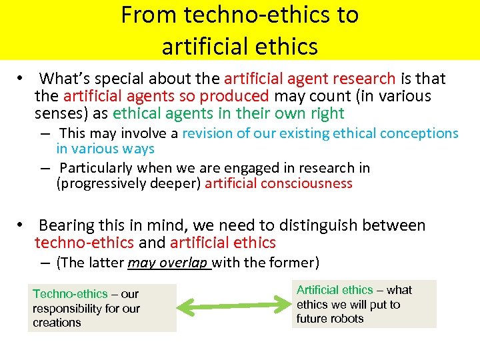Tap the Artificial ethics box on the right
click(364, 304)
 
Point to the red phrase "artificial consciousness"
click(278, 183)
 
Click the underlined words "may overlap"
click(169, 263)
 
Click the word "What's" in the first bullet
click(65, 79)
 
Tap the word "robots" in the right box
click(347, 319)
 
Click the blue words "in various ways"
click(105, 149)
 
